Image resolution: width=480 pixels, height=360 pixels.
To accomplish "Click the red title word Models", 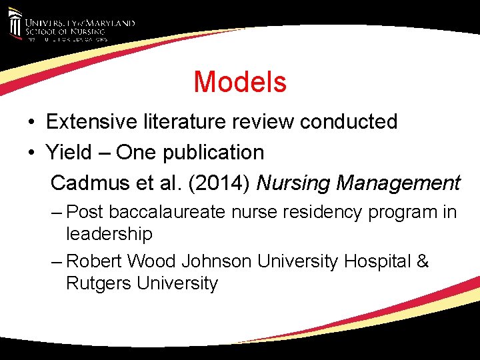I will point(240,82).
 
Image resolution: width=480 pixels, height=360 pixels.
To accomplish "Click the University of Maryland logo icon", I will point(15,24).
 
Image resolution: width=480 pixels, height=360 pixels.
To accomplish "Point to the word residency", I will point(306,213).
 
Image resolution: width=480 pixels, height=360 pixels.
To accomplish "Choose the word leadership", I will point(109,234).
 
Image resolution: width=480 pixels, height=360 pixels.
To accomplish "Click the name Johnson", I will point(217,261).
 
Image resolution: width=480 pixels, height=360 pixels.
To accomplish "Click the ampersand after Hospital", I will point(423,261).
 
